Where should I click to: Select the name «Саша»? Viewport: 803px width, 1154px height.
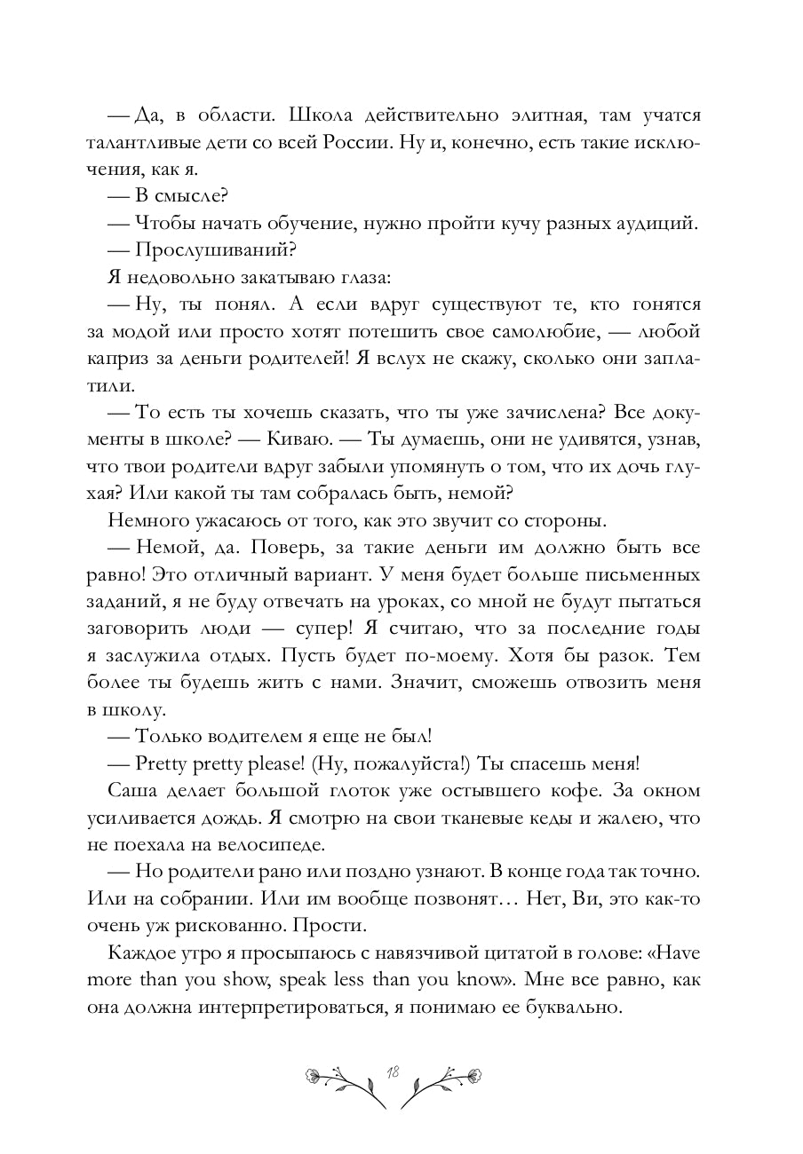129,789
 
